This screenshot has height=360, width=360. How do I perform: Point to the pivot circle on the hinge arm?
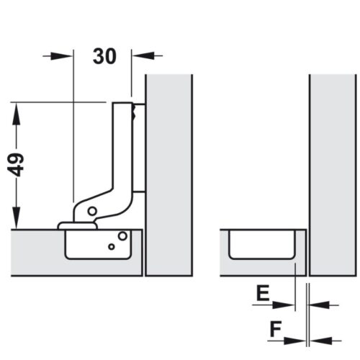point(92,210)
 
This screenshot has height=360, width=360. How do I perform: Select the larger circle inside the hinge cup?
point(123,236)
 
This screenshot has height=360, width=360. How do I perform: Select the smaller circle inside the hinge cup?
point(112,246)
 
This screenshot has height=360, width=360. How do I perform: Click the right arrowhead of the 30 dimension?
point(138,54)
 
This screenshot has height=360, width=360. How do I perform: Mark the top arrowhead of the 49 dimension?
point(15,108)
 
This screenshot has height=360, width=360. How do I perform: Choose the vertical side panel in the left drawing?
point(169,173)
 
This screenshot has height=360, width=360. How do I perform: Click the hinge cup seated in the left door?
point(99,245)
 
